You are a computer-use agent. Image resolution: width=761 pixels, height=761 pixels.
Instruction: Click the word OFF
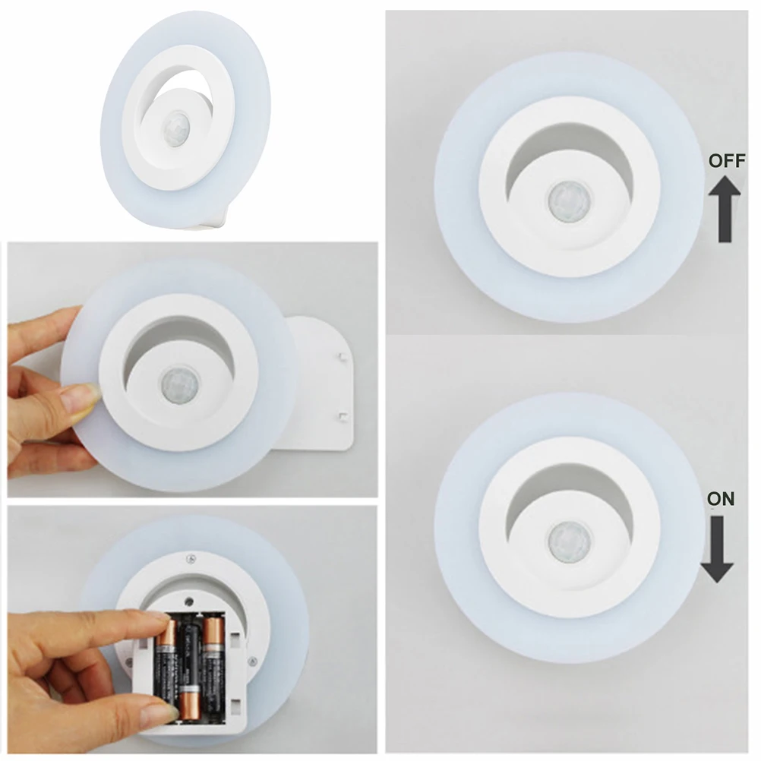(x=727, y=162)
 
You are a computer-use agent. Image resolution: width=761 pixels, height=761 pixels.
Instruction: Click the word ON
(x=720, y=499)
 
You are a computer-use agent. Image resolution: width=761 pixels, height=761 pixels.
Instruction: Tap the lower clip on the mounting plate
(x=344, y=415)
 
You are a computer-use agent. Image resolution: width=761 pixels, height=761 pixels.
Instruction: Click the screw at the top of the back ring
(x=191, y=559)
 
